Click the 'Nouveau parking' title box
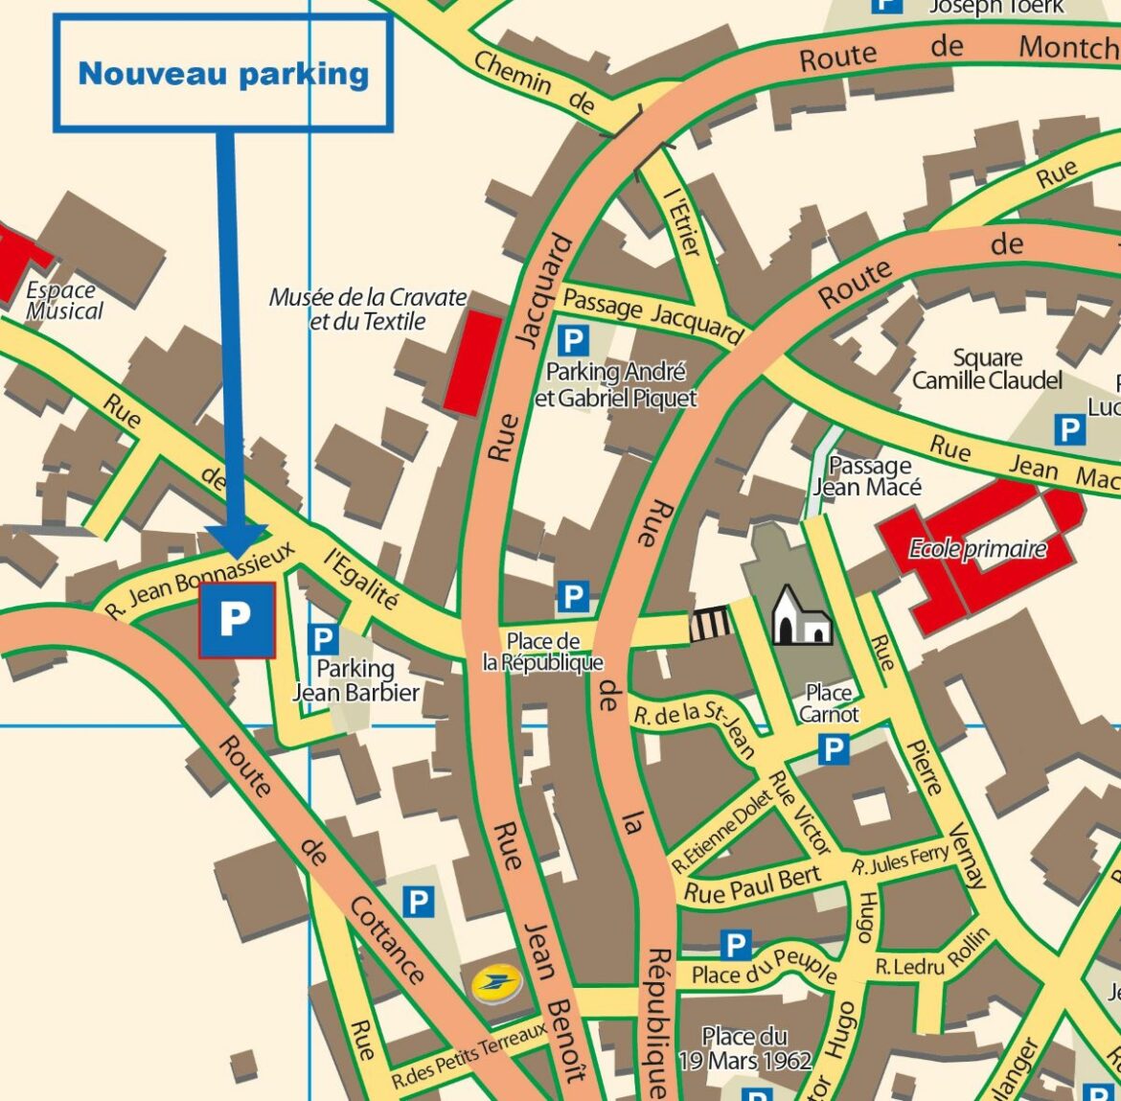coord(223,74)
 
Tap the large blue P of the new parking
coord(237,620)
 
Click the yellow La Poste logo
coord(496,983)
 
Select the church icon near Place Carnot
coord(801,615)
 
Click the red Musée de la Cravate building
coord(474,363)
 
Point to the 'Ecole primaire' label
coord(977,549)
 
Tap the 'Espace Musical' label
coord(63,301)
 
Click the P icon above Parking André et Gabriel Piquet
coord(573,340)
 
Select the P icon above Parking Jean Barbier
coord(324,639)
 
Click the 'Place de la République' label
coord(542,652)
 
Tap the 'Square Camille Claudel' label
coord(987,370)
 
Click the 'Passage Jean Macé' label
coord(868,476)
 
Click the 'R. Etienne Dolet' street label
coord(721,830)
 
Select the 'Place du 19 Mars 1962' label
coord(744,1048)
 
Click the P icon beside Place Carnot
coord(834,749)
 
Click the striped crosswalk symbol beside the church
coord(710,625)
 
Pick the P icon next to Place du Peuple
coord(736,946)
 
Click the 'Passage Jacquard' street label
coord(652,314)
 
